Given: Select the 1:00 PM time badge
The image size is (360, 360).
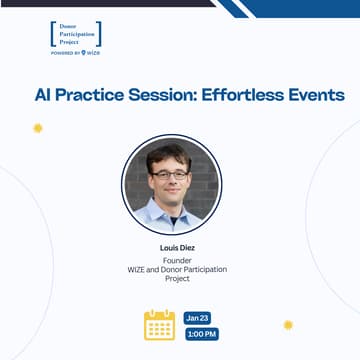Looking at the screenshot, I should point(201,334).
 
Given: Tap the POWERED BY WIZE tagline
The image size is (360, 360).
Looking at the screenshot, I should point(76,52).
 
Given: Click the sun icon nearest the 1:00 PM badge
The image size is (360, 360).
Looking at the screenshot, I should point(288,325).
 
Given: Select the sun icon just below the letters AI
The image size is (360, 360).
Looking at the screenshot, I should point(38,128).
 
